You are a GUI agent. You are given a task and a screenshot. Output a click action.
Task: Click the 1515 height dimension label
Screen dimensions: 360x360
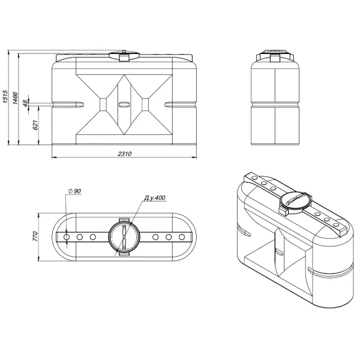pos(5,97)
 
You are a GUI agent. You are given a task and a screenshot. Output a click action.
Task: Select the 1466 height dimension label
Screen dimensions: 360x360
pos(16,98)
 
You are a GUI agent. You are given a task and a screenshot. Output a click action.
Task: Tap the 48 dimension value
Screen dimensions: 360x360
pos(25,104)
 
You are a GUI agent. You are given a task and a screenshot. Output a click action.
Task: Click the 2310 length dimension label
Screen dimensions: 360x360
pos(125,154)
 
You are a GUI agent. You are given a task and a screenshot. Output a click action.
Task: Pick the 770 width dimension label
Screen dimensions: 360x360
pos(35,236)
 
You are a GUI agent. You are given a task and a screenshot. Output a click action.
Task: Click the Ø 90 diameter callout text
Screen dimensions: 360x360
pos(75,191)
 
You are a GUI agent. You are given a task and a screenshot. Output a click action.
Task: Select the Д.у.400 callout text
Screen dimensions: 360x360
pos(155,198)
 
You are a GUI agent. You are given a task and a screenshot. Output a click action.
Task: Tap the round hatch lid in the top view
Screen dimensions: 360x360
pos(124,237)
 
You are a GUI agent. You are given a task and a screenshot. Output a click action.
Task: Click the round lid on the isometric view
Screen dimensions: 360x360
pos(296,203)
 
